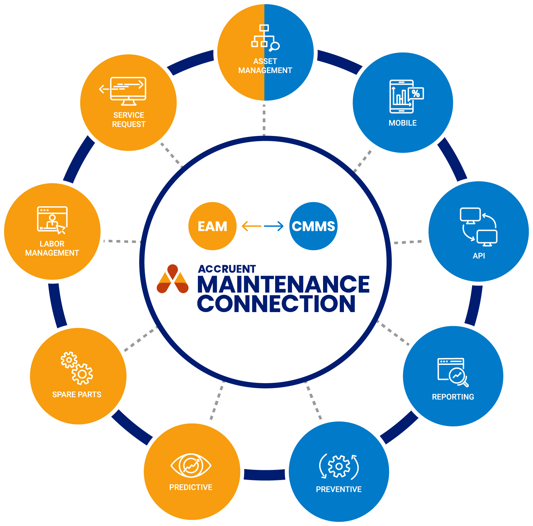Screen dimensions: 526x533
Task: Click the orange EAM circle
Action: click(212, 226)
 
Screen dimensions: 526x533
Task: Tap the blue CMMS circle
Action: click(313, 226)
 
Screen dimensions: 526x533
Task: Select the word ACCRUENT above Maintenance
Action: click(227, 269)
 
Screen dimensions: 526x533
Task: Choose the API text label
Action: click(479, 256)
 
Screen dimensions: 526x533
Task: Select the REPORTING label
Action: click(453, 397)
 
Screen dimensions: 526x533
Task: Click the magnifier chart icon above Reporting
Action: click(453, 372)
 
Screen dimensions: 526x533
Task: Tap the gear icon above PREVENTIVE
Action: click(339, 466)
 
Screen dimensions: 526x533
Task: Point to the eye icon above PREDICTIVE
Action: click(191, 465)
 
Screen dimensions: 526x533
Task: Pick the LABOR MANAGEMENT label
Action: click(52, 248)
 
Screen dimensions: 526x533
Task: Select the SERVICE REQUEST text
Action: click(129, 120)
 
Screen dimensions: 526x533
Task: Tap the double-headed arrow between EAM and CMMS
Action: click(262, 226)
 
